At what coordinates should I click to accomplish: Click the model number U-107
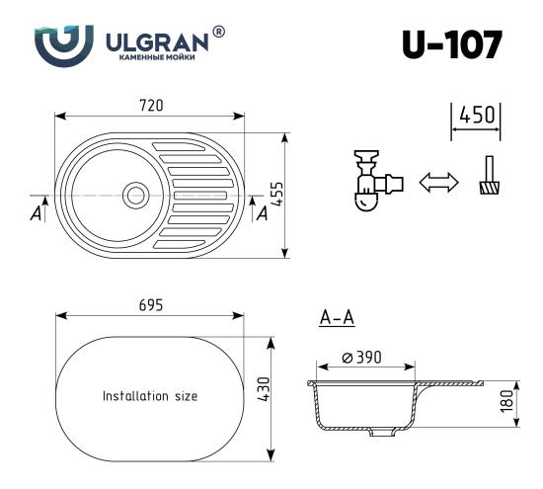pyautogui.click(x=451, y=44)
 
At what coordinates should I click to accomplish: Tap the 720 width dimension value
pyautogui.click(x=149, y=106)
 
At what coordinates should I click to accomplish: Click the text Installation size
pyautogui.click(x=150, y=396)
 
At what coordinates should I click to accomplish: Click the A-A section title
pyautogui.click(x=338, y=317)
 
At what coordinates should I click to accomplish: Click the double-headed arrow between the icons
pyautogui.click(x=439, y=183)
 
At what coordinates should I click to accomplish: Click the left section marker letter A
pyautogui.click(x=36, y=212)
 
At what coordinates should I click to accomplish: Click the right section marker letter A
pyautogui.click(x=262, y=212)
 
